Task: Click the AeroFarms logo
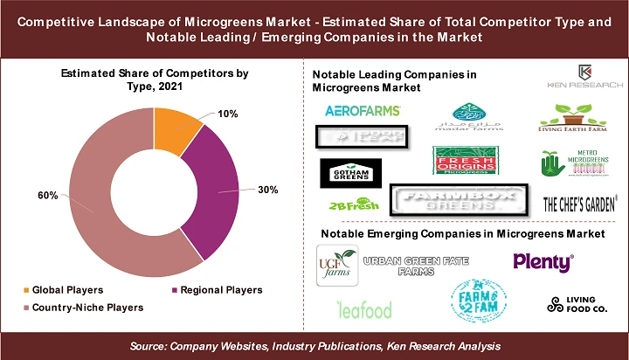point(362,111)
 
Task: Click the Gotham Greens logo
point(351,174)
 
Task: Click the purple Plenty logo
point(543,261)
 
